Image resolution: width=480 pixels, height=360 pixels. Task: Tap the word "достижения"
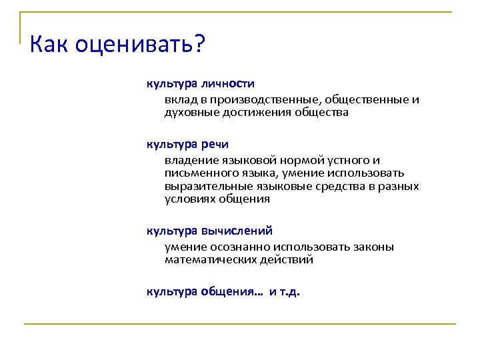click(x=253, y=113)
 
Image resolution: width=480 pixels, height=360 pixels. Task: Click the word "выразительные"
click(x=204, y=186)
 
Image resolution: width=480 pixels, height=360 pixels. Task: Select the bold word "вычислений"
click(x=237, y=231)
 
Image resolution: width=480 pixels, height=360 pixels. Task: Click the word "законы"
click(x=371, y=247)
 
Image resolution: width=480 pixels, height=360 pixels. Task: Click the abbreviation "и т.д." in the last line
click(x=285, y=291)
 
